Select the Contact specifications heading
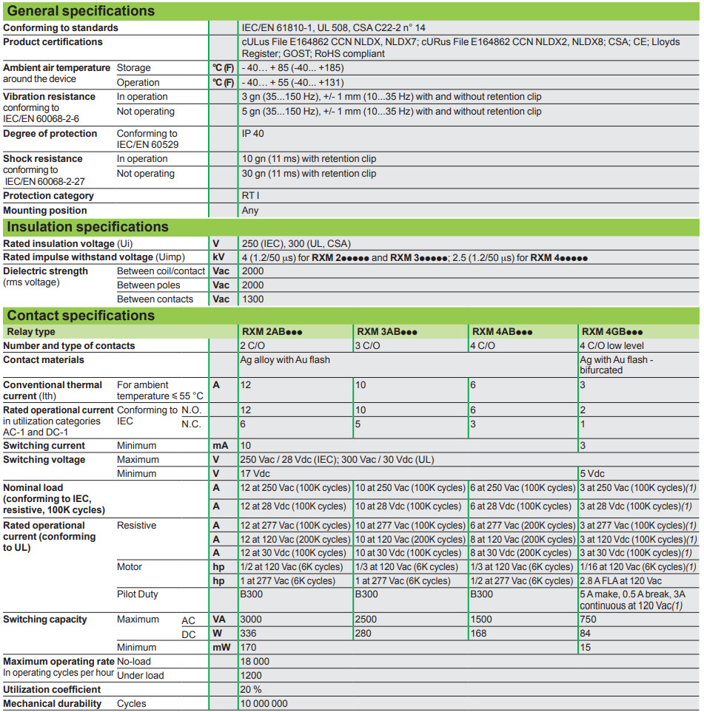click(81, 316)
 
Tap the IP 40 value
click(252, 134)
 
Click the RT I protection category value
click(250, 196)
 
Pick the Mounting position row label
click(45, 211)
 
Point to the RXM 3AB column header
click(387, 331)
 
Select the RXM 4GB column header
click(612, 331)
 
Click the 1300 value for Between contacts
click(252, 299)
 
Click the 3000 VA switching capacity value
click(252, 620)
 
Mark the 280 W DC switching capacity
click(366, 634)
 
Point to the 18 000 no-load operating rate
click(255, 662)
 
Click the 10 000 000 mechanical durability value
click(264, 704)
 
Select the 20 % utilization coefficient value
click(252, 690)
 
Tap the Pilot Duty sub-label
click(138, 594)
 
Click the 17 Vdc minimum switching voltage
click(255, 473)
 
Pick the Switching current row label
click(44, 446)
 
